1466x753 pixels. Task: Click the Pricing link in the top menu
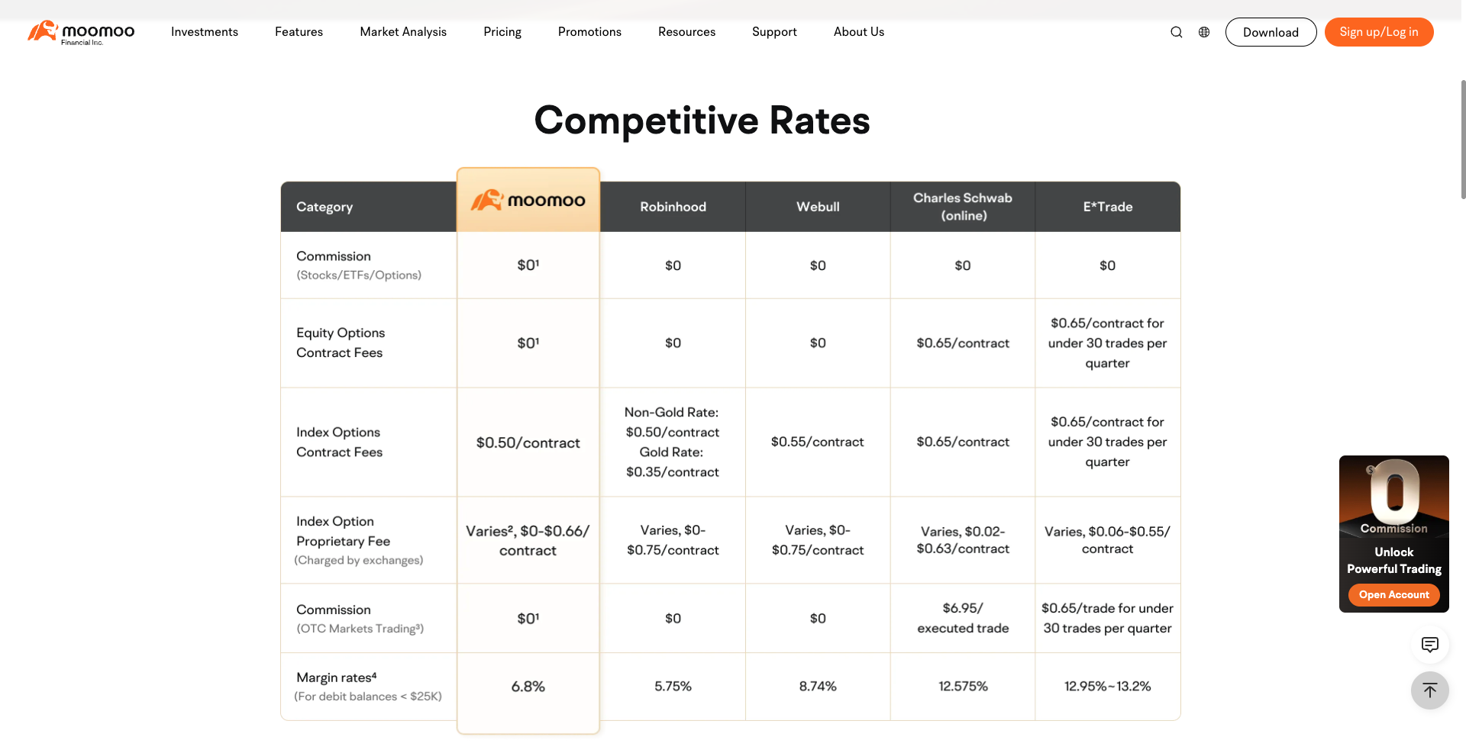tap(502, 32)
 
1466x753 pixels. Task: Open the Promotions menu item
tap(589, 32)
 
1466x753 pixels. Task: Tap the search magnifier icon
tap(1177, 32)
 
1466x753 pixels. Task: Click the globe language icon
tap(1204, 32)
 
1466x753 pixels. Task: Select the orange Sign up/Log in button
tap(1379, 32)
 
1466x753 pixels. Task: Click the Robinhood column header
tap(673, 207)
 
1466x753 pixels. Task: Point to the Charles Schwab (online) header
tap(963, 207)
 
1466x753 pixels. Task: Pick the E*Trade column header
tap(1108, 207)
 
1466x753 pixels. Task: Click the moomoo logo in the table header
tap(528, 200)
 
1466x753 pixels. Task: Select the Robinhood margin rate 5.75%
tap(673, 687)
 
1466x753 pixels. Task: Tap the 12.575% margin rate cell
tap(963, 687)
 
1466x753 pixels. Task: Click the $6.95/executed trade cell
tap(963, 618)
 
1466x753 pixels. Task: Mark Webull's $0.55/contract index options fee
tap(818, 442)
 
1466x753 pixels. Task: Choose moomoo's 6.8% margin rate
tap(528, 687)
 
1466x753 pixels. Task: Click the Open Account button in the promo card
tap(1394, 595)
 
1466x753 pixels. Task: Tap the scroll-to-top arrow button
tap(1430, 690)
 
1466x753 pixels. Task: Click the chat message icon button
tap(1430, 645)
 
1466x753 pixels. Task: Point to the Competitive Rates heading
tap(702, 121)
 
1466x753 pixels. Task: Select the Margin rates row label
tap(337, 677)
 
